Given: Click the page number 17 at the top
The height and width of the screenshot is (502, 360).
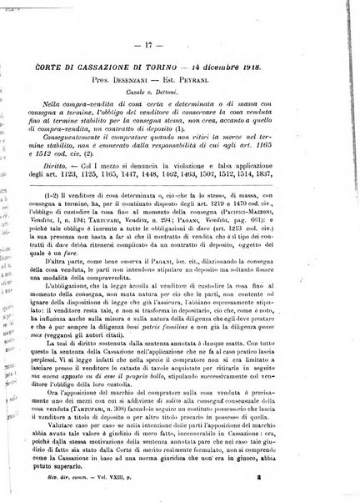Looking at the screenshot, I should [187, 19].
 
